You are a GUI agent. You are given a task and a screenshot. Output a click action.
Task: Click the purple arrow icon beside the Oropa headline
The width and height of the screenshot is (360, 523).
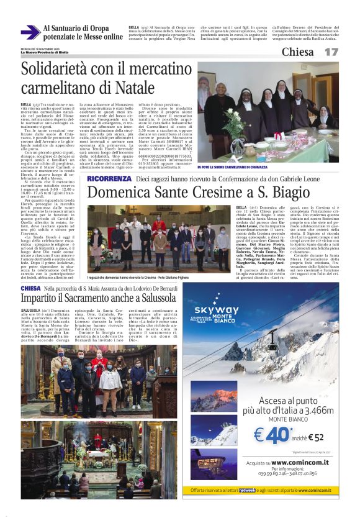30,32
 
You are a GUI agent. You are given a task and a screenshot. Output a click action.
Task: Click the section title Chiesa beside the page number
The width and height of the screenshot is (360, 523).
297,52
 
